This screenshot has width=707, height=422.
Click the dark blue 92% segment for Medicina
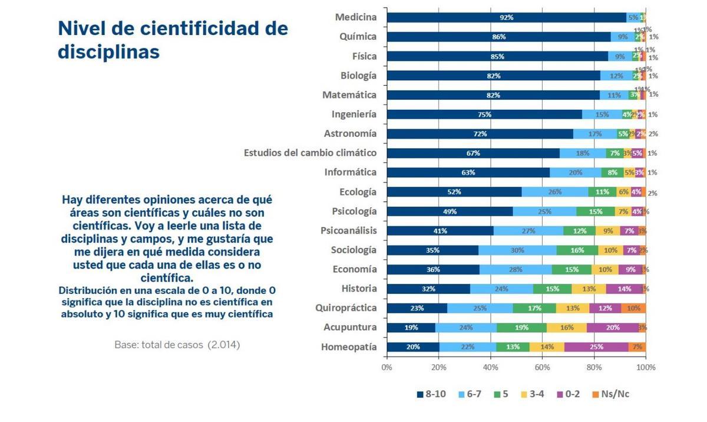pos(506,18)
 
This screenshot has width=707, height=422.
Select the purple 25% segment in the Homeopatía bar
pos(596,347)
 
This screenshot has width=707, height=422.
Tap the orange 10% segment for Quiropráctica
pos(633,308)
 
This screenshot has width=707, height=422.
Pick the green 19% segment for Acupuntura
pos(521,328)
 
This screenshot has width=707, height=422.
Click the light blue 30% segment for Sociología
pos(517,250)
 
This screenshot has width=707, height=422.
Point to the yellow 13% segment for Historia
pos(589,289)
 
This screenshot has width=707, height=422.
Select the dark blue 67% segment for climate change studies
pos(473,153)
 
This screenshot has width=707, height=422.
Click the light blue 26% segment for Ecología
pos(555,192)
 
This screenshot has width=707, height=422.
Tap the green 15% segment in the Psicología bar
pos(596,211)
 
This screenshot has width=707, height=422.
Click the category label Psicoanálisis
pos(348,230)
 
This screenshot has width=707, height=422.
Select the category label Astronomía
pos(350,133)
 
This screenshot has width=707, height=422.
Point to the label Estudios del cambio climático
pos(310,153)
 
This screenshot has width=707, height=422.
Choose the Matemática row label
pos(349,94)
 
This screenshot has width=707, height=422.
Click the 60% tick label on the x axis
pos(542,367)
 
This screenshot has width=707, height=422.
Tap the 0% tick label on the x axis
pos(387,367)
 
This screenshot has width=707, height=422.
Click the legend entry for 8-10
pos(431,394)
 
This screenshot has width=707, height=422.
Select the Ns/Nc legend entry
pos(610,394)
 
